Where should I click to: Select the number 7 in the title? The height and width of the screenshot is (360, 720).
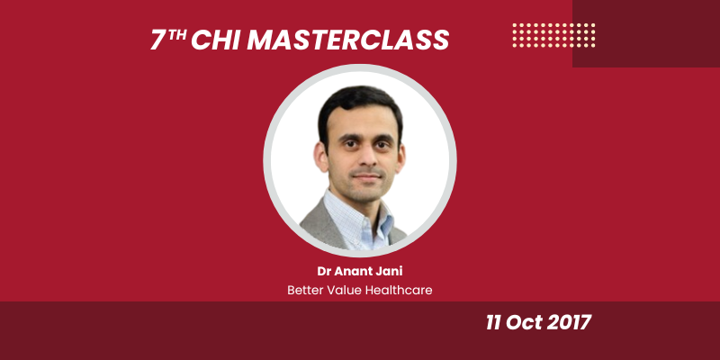click(158, 40)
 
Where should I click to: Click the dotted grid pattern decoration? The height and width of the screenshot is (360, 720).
click(553, 34)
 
